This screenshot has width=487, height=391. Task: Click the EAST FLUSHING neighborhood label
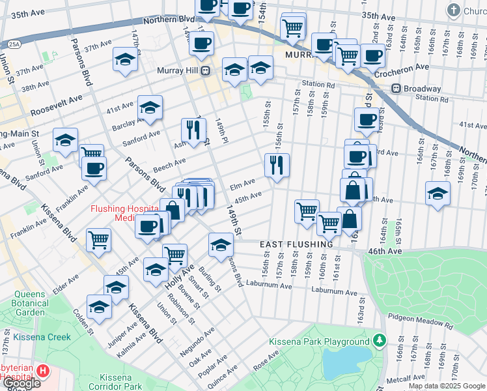296,244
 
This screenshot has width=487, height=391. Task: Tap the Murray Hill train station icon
204,70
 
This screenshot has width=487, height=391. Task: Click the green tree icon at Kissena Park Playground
379,341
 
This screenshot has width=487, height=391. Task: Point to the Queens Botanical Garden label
30,308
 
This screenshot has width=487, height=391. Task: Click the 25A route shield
14,44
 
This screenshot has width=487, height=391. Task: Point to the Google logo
21,383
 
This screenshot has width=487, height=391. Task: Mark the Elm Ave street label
242,186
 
